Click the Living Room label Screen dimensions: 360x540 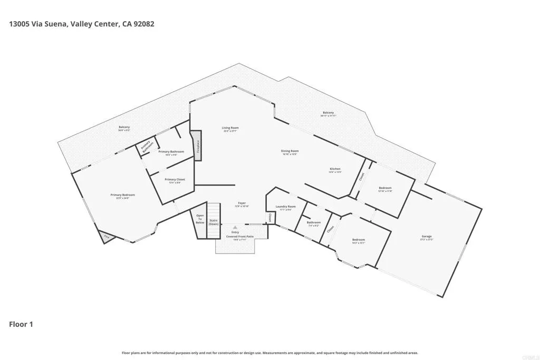230,128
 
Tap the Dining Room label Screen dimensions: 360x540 290,151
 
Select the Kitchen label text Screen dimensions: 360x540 335,169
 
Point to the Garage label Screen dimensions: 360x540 426,236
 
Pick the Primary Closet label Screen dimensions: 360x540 175,180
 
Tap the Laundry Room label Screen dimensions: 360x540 285,207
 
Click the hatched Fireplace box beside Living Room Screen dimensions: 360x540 196,145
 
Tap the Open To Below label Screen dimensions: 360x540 200,219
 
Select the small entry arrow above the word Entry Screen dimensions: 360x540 235,227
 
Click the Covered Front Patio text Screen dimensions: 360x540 240,237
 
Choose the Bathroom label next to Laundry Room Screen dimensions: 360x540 313,223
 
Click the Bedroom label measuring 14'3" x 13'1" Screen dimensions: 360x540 359,240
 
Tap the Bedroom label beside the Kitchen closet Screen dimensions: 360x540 385,188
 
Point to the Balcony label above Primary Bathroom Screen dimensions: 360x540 124,127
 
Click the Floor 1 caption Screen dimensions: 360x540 21,324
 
